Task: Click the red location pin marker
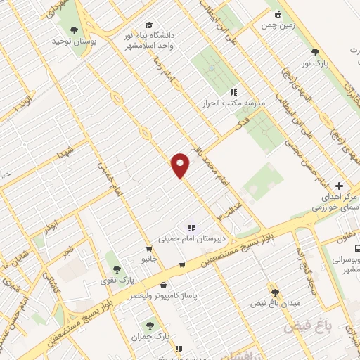181,165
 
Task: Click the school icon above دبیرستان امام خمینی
191,227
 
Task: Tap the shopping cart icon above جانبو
149,248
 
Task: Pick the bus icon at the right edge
358,248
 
